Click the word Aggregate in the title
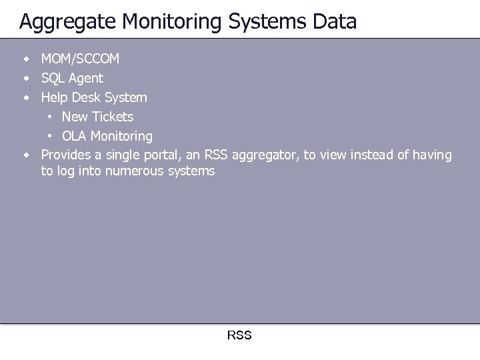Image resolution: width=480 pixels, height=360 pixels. tap(63, 22)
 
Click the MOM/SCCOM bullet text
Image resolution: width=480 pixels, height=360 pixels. tap(80, 59)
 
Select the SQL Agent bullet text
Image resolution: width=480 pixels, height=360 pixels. tap(72, 78)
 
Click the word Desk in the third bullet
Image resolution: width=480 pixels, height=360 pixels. tap(85, 97)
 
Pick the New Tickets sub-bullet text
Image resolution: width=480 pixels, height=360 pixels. tap(97, 117)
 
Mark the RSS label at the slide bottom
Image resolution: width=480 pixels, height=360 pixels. tap(239, 335)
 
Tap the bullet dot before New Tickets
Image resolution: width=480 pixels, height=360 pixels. tap(50, 117)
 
